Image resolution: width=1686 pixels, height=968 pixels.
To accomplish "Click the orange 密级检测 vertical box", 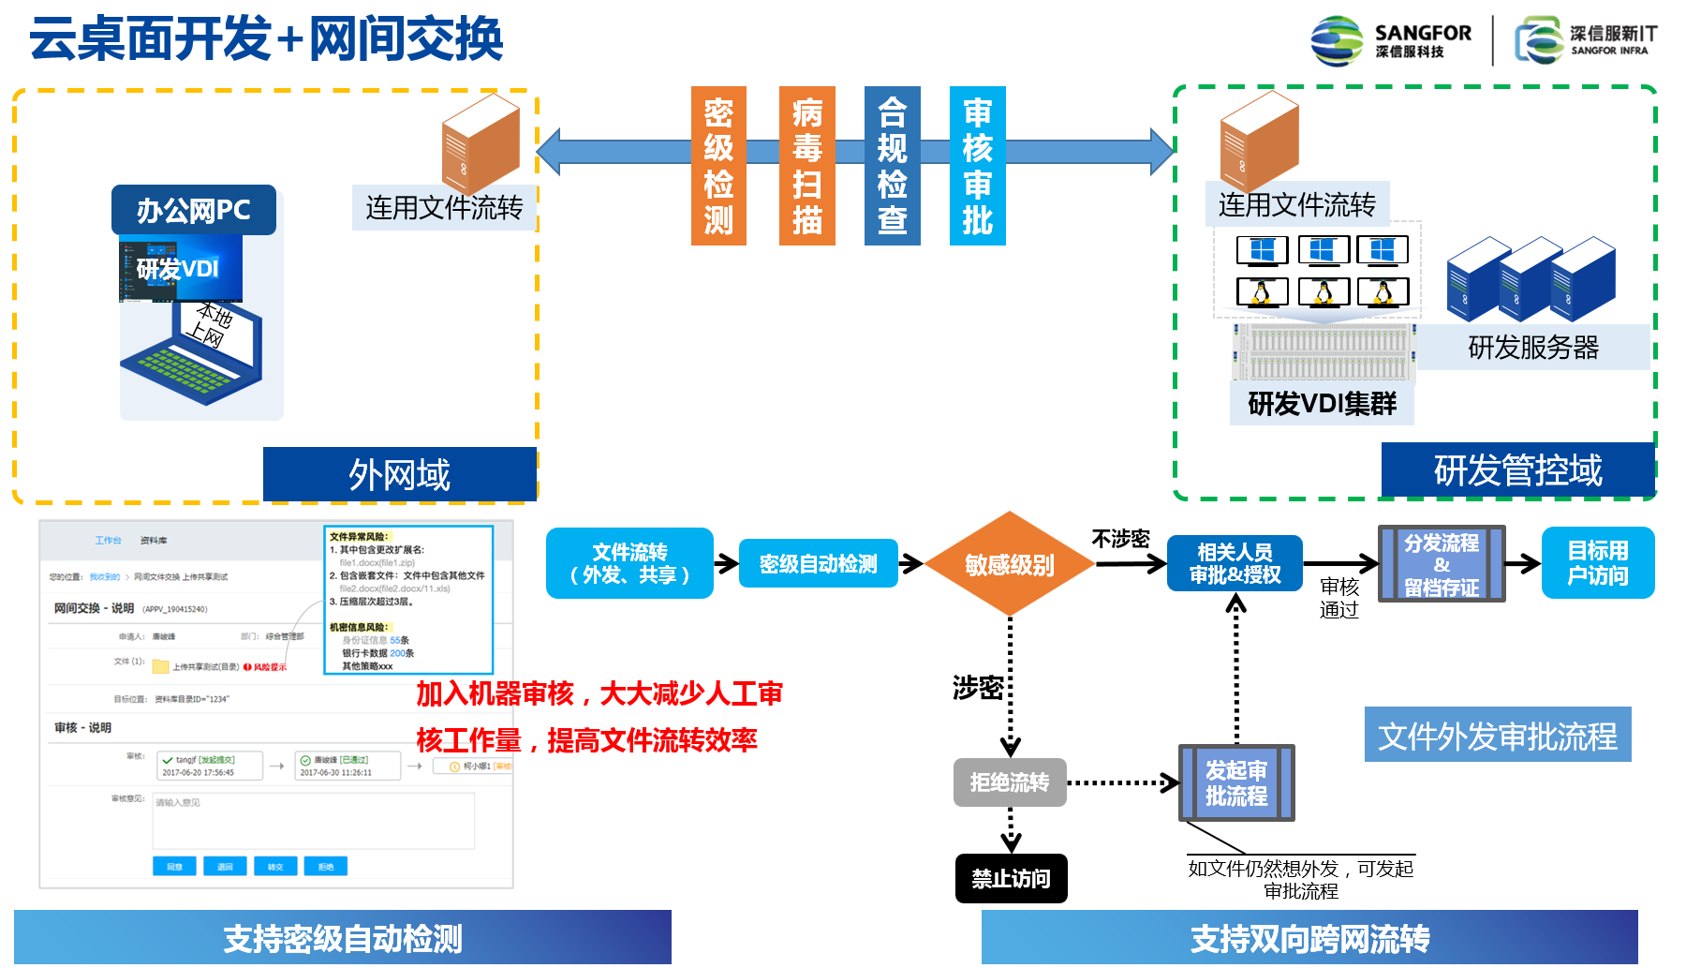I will coord(718,166).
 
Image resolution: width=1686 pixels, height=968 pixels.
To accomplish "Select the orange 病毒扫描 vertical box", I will coord(806,166).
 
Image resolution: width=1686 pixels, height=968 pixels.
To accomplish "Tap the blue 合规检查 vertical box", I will coord(892,166).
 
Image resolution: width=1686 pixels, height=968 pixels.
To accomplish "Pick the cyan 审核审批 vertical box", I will coord(977,166).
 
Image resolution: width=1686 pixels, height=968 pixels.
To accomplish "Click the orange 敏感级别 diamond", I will coord(1009,564).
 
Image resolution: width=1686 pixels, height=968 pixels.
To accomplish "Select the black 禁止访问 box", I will coord(1011,878).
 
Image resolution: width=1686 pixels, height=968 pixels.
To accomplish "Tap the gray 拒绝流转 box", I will coord(1010,782).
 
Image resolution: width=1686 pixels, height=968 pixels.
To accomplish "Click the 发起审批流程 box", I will coord(1236,782).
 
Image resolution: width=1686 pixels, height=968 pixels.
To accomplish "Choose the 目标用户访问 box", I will coord(1597,562).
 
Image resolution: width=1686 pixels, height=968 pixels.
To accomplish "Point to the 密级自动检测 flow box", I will coord(818,563).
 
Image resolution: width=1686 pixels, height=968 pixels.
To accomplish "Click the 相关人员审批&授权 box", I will coord(1235,563).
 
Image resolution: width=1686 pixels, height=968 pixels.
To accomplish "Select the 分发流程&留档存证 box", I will coord(1442,563).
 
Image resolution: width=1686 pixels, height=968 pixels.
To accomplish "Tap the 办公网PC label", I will coord(193,210).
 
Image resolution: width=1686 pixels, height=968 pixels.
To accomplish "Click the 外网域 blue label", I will coord(399,474).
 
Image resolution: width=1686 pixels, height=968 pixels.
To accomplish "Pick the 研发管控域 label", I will coord(1517,469).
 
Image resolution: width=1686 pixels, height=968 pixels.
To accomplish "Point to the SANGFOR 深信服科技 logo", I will coord(1390,40).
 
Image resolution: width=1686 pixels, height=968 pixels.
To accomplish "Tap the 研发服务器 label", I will coord(1532,348).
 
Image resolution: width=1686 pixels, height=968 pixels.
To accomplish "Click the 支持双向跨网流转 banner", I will coord(1309,938).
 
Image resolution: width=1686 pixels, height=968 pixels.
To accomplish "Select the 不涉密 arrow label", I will coord(1120,539).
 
